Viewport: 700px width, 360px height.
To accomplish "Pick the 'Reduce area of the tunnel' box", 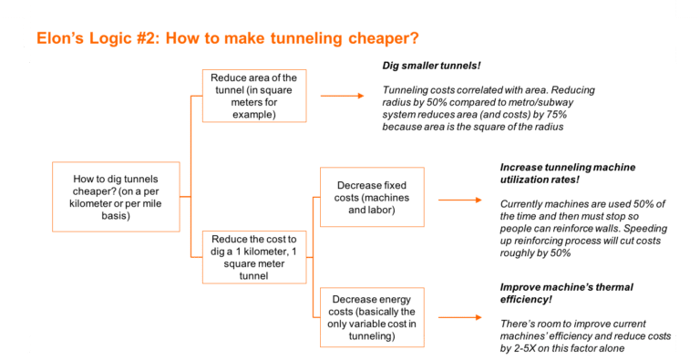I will (253, 95).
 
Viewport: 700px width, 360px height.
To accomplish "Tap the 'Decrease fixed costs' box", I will (371, 197).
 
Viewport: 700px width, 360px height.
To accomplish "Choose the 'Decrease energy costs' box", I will (371, 317).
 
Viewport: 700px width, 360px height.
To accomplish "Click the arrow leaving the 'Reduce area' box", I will (345, 95).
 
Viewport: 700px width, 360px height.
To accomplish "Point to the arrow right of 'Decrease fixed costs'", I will (459, 199).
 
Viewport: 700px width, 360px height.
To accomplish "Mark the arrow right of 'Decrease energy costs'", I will (459, 317).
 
